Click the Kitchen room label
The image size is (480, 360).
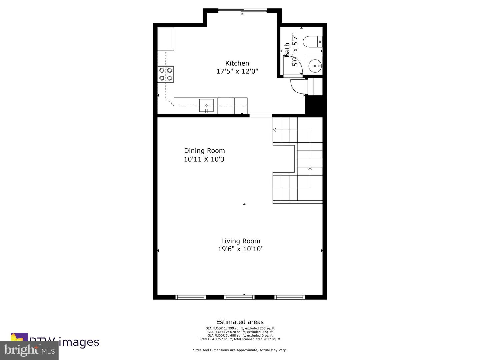point(237,63)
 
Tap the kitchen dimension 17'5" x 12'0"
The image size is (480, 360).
point(237,71)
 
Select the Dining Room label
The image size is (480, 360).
point(204,151)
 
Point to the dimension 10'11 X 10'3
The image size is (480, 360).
point(204,159)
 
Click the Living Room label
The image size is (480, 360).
point(241,241)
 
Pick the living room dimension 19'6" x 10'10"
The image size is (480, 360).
point(241,249)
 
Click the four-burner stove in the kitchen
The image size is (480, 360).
point(166,74)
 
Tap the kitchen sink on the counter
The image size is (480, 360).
point(206,105)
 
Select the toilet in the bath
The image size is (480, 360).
point(312,42)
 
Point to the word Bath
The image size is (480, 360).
point(287,50)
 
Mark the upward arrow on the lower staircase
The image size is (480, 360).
point(310,169)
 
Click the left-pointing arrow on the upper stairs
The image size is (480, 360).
point(275,130)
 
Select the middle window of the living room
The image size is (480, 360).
point(239,297)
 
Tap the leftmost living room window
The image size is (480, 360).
point(190,297)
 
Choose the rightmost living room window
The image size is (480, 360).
point(289,297)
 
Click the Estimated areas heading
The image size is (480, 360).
point(240,322)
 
